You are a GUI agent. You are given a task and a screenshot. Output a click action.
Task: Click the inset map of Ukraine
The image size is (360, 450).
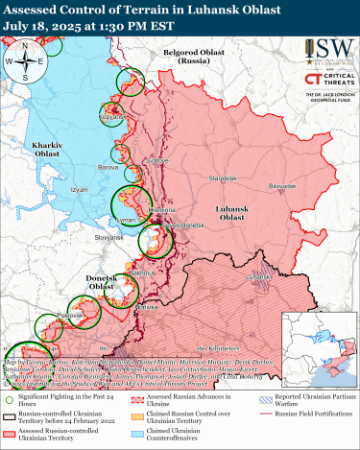pos(318,342)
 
